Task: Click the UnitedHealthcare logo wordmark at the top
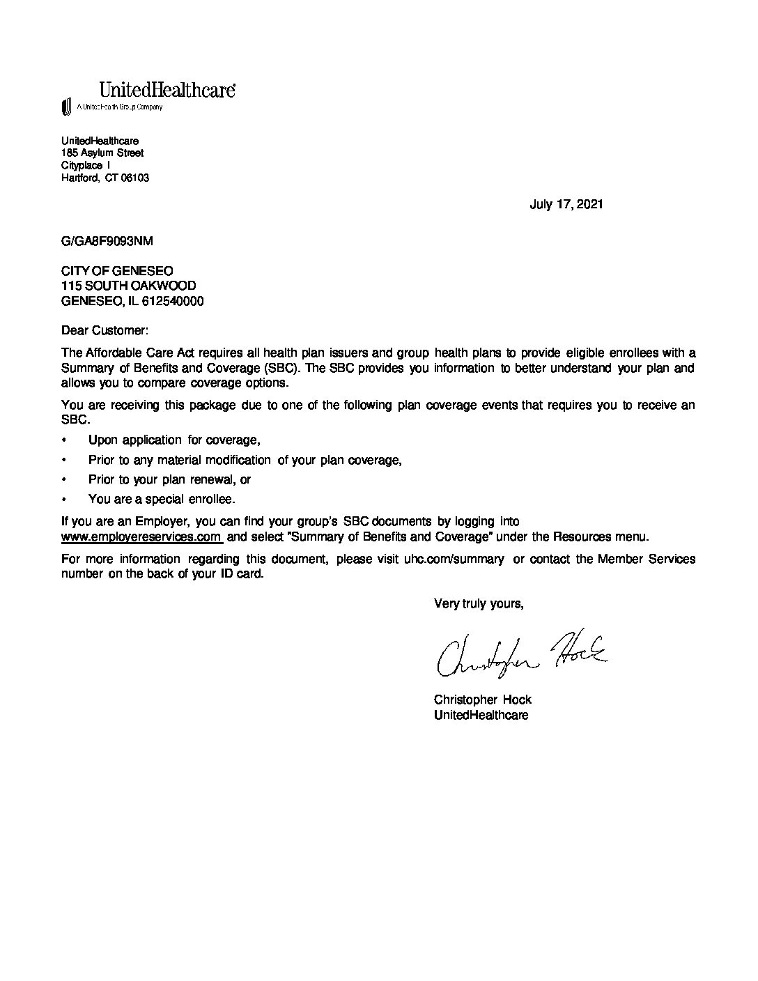point(167,90)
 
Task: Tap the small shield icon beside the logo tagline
point(67,107)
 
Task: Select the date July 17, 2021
point(566,204)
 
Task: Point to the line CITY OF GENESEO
point(117,270)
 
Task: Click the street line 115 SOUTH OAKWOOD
point(128,286)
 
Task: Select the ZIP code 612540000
point(173,301)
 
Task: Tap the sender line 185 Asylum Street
point(102,153)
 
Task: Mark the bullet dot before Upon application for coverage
point(65,440)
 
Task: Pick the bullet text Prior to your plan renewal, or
point(169,479)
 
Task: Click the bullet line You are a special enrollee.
point(162,499)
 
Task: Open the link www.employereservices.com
point(141,536)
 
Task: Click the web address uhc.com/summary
point(454,559)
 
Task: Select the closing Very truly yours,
point(478,603)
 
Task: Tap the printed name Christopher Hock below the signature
point(482,700)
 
